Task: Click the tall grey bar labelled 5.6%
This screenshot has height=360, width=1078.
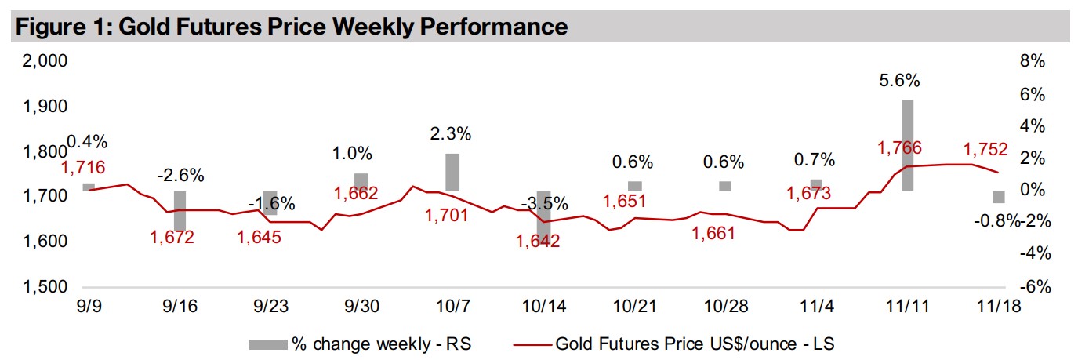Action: pos(907,145)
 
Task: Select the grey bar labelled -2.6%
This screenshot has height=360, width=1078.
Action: pos(180,210)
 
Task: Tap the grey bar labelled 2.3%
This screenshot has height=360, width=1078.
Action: pos(452,172)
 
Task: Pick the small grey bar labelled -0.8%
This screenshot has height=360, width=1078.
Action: pos(998,197)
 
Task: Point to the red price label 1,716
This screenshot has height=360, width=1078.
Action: pos(83,167)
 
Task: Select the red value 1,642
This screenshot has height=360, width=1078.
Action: pos(538,241)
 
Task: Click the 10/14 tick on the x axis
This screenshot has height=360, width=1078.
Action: pos(543,306)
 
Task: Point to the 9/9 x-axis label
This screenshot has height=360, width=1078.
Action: pos(88,306)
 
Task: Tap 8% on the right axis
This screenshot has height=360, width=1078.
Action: pos(1034,61)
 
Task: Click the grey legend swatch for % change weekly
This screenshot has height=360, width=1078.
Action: pos(267,343)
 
